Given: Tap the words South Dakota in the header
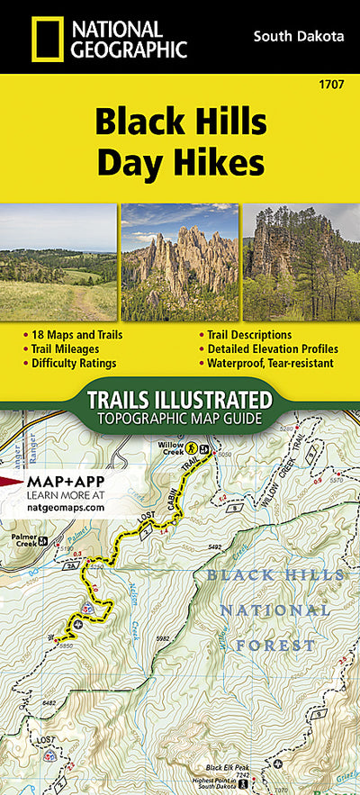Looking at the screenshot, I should (299, 37).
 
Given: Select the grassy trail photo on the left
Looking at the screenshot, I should (58, 262).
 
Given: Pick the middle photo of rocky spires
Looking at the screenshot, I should (180, 262).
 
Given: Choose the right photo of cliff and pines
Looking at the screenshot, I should (301, 262).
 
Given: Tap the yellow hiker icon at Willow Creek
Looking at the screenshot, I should (192, 447).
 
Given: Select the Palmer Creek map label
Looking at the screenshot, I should (26, 540).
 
